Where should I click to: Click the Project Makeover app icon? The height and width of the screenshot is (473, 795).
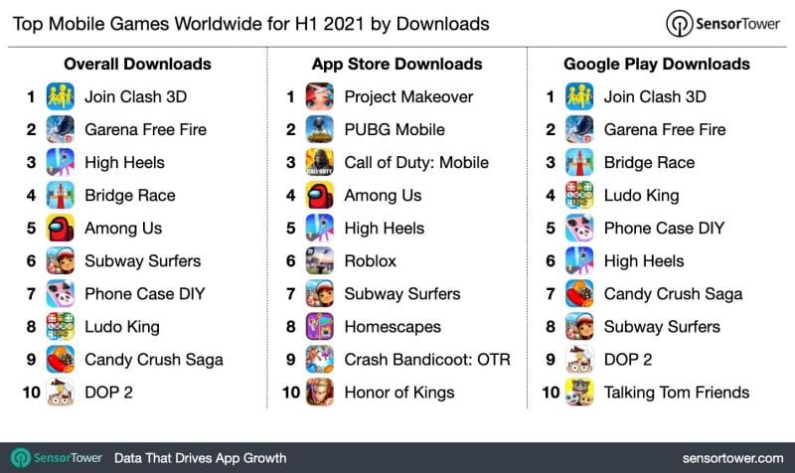(320, 97)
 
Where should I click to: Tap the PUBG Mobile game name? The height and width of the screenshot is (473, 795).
(395, 130)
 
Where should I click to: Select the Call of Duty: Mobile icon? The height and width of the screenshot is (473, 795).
(320, 163)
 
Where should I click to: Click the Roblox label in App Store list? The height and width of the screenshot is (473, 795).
(370, 261)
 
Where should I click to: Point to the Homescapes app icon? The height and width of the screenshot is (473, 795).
(320, 327)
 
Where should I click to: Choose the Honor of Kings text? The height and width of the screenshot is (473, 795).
(398, 393)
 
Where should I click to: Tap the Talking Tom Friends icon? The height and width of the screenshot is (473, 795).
(579, 393)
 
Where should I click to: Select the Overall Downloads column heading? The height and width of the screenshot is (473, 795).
(137, 65)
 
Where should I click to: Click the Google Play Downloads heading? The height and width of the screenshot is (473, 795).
(656, 65)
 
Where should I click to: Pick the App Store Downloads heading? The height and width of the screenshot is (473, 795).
(397, 65)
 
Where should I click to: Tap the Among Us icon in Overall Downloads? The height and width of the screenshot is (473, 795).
(61, 229)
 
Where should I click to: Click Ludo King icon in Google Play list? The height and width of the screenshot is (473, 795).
(579, 196)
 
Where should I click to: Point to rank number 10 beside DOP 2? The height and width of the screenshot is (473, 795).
(31, 393)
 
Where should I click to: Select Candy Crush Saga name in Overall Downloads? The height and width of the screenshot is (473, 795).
(153, 360)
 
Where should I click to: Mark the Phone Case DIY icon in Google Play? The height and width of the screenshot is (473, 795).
(579, 229)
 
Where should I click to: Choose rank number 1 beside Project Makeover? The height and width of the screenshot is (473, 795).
(290, 97)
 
